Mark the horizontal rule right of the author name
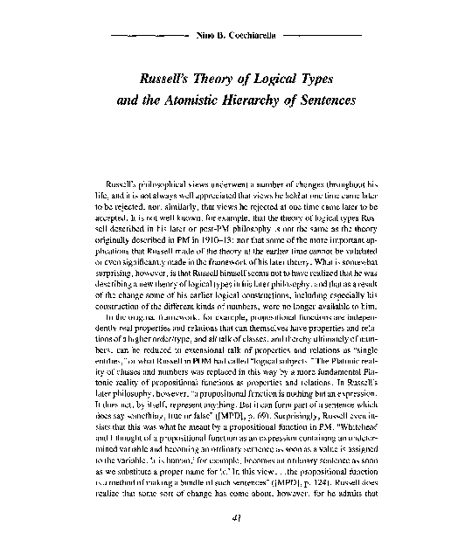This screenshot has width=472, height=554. coord(323,39)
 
